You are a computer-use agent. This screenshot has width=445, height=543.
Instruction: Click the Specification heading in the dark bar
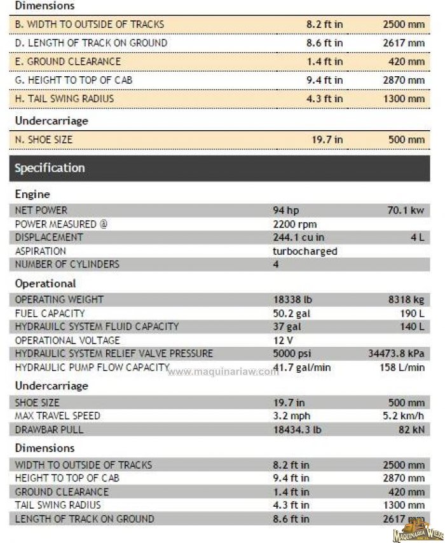point(50,168)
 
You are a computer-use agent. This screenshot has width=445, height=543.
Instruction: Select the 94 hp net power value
point(285,210)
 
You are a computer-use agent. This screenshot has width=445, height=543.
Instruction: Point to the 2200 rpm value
point(294,224)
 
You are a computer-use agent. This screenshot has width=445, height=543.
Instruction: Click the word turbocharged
point(305,251)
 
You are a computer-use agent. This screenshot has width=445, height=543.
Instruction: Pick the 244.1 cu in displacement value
point(298,238)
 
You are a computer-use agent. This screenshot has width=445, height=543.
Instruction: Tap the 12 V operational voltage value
point(282,340)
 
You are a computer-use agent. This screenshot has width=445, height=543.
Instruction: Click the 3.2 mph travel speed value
point(289,415)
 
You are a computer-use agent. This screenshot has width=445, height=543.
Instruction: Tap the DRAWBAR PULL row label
point(49,429)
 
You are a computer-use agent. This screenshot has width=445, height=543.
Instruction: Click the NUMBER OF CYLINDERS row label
point(67,264)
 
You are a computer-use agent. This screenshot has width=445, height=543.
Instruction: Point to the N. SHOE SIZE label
point(44,140)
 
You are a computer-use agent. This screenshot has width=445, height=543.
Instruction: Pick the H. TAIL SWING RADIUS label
point(64,99)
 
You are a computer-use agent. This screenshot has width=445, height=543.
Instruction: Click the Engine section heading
point(32,194)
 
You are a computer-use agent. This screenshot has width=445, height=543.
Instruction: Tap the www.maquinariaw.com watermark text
point(222,372)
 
